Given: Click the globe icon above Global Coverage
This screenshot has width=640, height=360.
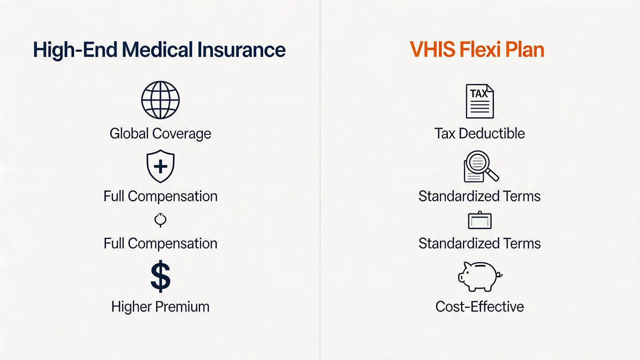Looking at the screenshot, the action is coord(160,100).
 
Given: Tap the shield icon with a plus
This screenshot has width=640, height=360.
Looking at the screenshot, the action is coord(161,166).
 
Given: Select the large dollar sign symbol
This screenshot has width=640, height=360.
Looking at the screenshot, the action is coord(161,276).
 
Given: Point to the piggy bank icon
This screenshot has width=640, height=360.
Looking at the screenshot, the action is coord(480,277).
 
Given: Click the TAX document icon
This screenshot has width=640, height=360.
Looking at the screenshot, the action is coord(480,101).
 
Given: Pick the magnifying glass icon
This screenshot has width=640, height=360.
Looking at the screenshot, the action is coord(481,166).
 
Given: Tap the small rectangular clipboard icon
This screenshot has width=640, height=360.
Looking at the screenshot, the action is coord(480,220).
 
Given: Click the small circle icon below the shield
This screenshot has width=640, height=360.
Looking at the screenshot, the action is coord(160,220).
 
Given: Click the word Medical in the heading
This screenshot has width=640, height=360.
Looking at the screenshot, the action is coord(158,50).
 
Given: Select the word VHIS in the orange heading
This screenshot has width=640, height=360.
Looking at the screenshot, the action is coord(432,50).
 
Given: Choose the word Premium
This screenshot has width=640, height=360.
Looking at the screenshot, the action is coord(182,307).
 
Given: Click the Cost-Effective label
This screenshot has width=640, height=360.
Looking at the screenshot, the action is coord(480,307).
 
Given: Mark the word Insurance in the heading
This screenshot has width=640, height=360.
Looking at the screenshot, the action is coord(241,50).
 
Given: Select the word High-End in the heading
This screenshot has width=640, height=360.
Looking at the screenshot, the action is coord(75,50).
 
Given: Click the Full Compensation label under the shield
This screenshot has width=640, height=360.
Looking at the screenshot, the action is coord(160,197).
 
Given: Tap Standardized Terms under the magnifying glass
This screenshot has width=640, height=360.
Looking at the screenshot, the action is coord(480,196).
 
